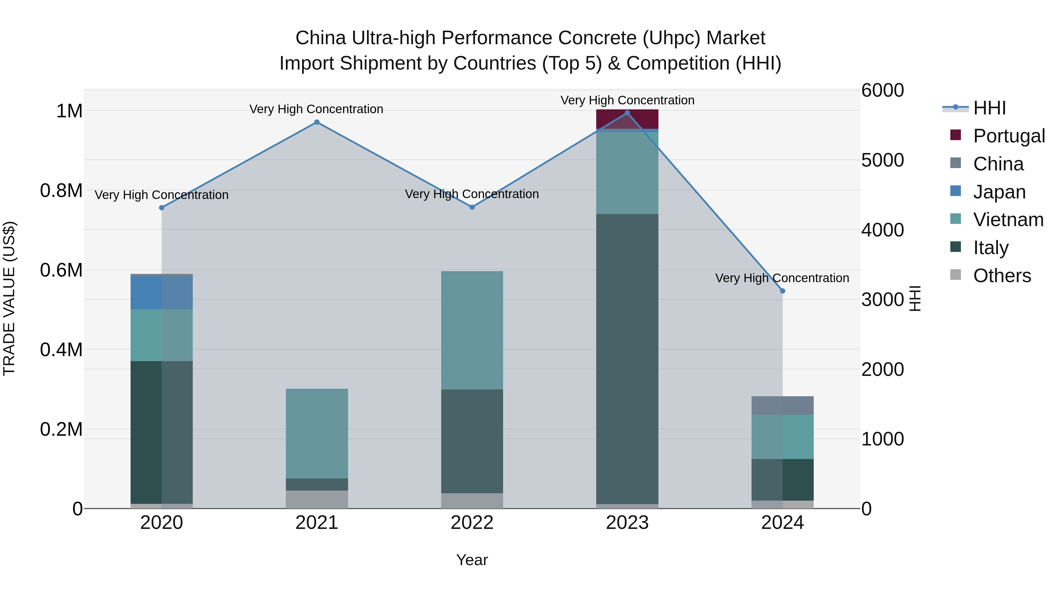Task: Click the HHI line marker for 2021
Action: pos(317,122)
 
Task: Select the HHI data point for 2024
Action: pos(782,291)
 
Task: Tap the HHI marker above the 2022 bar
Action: pos(472,207)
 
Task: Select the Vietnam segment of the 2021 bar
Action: pos(317,433)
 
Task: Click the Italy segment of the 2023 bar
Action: pos(627,358)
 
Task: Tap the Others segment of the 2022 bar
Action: pos(472,501)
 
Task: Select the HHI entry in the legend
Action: pos(989,108)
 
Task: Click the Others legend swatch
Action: pos(955,275)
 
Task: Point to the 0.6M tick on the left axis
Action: pos(61,270)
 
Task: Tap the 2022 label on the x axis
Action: pos(472,523)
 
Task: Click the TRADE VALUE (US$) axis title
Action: pos(9,299)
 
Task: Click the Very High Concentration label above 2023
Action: pos(627,101)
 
